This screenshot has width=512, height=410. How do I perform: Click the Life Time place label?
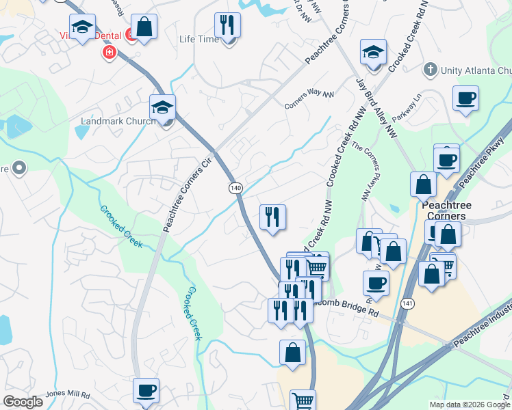199,39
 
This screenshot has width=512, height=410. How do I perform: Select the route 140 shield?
235,187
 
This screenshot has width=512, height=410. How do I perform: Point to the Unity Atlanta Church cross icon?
430,70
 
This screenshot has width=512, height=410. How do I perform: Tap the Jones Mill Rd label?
68,394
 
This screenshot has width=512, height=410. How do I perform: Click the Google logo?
23,402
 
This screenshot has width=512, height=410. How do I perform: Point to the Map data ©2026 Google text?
469,405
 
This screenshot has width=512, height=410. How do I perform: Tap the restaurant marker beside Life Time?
227,25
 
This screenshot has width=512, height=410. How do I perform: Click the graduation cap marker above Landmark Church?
162,107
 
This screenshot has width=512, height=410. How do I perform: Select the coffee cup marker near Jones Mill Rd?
146,390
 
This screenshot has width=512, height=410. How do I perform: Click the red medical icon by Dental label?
108,51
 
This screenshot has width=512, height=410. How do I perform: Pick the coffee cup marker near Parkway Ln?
465,98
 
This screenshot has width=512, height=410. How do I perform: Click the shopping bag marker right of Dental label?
144,27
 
